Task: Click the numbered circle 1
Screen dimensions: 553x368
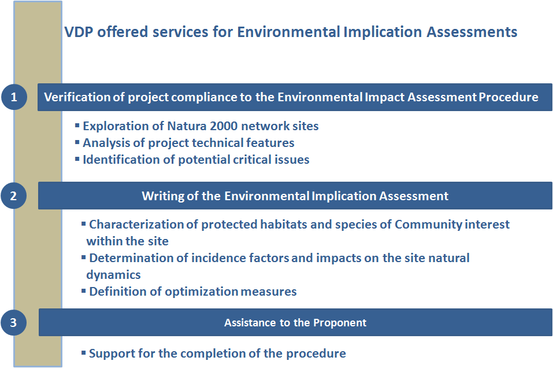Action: (x=14, y=97)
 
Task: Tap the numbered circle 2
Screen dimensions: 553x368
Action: (x=13, y=196)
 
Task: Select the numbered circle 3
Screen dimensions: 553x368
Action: (x=13, y=322)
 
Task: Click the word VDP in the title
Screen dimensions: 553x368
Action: (x=79, y=32)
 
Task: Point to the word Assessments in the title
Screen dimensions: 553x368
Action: (x=472, y=32)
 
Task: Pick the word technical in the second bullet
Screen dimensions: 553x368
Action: (x=219, y=143)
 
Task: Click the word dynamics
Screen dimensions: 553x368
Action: (x=114, y=275)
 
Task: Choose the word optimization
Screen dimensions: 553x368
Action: (x=201, y=292)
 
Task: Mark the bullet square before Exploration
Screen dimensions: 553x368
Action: (x=77, y=125)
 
